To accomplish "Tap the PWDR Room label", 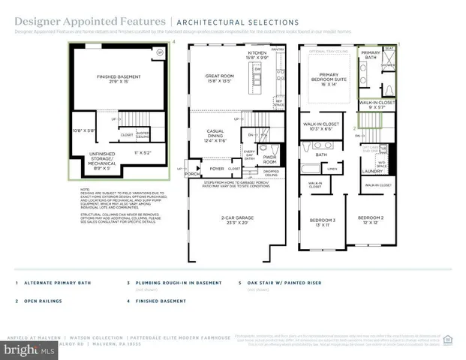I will pyautogui.click(x=269, y=159).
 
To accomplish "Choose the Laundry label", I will pyautogui.click(x=372, y=170).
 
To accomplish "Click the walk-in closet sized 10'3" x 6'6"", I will pyautogui.click(x=320, y=126).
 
